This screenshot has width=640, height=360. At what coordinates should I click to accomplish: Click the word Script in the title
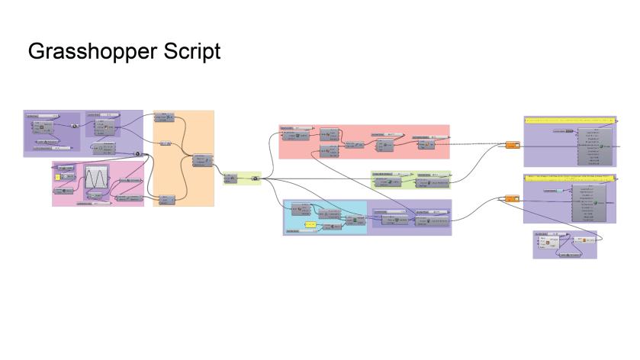click(193, 51)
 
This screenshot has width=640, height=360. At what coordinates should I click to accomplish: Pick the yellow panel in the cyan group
click(310, 226)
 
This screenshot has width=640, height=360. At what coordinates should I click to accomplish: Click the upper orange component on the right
click(512, 145)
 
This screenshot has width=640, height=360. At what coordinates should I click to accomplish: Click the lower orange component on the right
click(512, 200)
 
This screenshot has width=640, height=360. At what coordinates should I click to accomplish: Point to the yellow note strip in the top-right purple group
click(569, 121)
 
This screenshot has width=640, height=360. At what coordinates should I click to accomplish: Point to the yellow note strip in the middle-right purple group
click(569, 178)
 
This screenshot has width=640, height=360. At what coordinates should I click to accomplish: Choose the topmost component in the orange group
click(165, 118)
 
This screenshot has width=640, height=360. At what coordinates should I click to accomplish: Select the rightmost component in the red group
click(423, 143)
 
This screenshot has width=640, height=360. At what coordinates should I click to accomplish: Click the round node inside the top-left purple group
click(75, 126)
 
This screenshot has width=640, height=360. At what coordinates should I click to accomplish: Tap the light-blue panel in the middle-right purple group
click(563, 188)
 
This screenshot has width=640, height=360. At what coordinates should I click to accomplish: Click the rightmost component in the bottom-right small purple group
click(584, 241)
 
